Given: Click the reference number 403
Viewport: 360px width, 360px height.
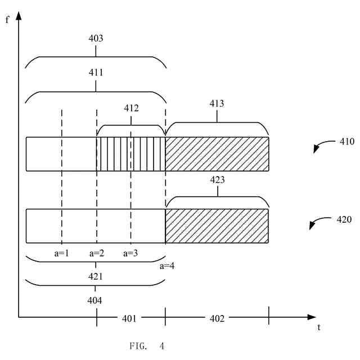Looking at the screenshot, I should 96,39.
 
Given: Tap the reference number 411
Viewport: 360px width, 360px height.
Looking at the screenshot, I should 96,73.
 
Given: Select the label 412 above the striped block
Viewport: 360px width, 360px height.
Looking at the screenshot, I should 131,107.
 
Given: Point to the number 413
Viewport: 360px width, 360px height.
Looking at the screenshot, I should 217,103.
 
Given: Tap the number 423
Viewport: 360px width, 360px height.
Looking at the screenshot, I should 217,181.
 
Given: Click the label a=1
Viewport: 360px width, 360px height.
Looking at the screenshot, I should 61,253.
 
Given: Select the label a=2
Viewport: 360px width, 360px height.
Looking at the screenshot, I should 97,253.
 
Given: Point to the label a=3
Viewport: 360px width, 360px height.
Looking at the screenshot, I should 130,253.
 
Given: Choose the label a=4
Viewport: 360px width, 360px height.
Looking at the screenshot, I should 167,265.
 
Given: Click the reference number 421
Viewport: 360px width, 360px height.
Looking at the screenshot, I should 95,277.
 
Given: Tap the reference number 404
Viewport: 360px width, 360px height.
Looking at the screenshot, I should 95,300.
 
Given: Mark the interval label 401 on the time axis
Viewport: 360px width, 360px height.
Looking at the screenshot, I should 130,318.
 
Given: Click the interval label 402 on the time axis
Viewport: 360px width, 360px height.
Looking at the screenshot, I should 217,318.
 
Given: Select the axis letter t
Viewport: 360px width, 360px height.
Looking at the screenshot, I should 318,326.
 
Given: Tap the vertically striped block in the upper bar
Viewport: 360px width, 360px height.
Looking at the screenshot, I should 131,154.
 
